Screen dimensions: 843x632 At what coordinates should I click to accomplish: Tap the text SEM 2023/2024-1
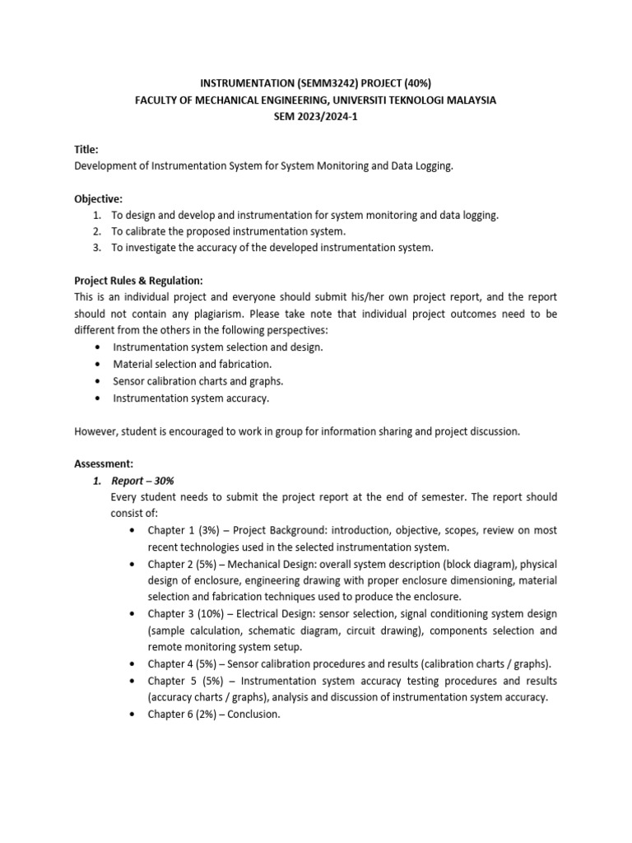coord(316,116)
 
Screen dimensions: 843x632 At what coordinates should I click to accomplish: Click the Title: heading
coord(86,149)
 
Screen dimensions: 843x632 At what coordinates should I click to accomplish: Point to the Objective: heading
coord(98,198)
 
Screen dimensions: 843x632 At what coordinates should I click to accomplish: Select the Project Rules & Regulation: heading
coord(138,281)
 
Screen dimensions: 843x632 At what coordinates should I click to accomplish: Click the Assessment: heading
coord(104,463)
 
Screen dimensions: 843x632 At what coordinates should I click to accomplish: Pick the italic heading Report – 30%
coord(143,481)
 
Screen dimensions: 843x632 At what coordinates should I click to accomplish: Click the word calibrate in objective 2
coord(150,231)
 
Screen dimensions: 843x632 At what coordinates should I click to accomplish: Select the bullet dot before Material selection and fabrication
coord(98,364)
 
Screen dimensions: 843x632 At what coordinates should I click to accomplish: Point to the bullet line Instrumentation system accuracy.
coord(191,398)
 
